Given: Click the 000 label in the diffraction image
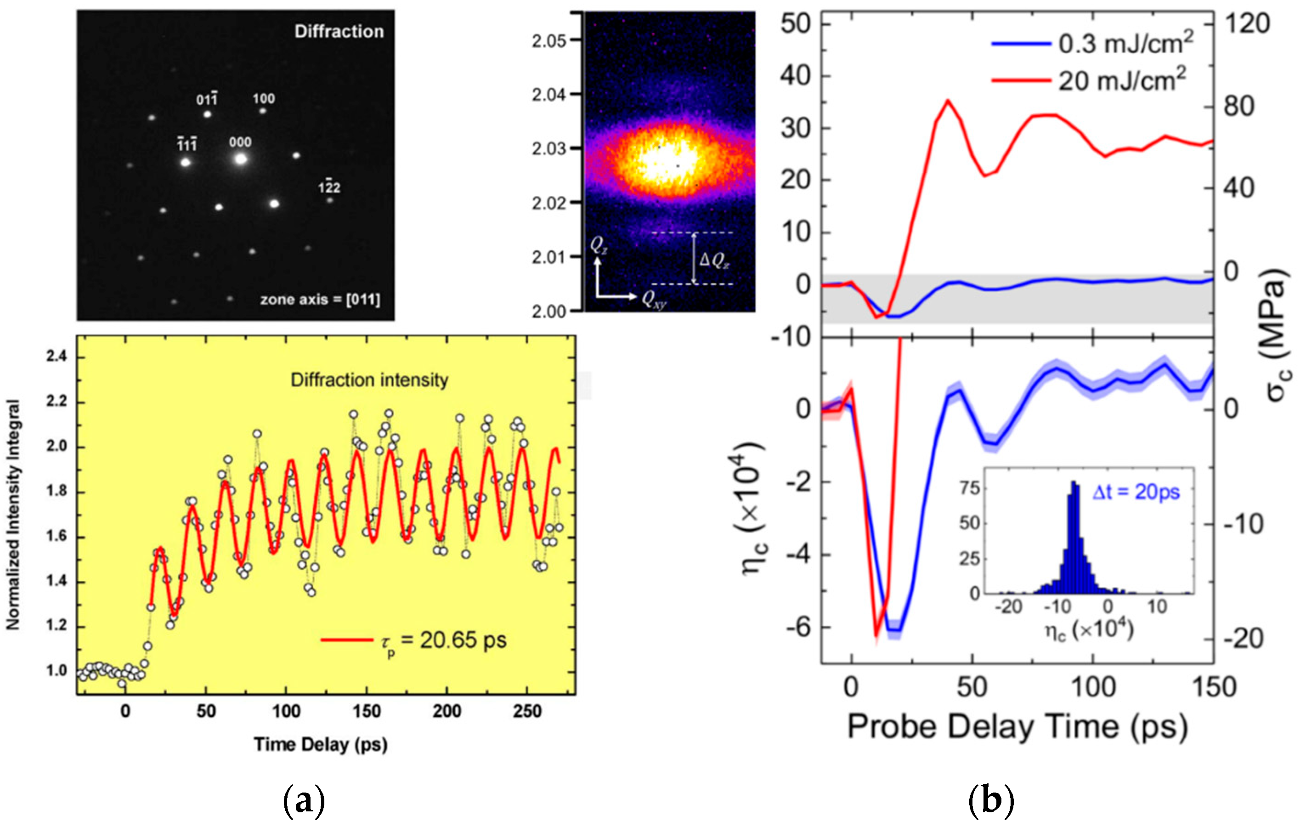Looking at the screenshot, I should coord(240,142).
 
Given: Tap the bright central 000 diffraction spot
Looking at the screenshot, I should coord(241,159).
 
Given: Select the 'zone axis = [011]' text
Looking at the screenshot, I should coord(320,300).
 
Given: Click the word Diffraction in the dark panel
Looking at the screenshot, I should coord(339,31).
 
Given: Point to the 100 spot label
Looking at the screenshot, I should coord(264,98).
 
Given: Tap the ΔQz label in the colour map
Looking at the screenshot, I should coord(714,261).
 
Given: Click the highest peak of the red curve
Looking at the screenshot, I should coord(948,101).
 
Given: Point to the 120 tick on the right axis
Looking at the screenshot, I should coord(1247,24).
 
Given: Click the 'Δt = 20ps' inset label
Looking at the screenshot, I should coord(1136,492).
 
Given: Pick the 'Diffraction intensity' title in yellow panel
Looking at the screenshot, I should coord(369,380).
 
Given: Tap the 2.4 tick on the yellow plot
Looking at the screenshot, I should coord(56,357).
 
